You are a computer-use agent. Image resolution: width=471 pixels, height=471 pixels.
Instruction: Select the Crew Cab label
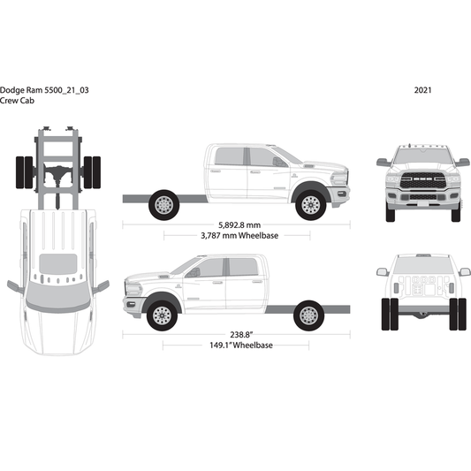19,101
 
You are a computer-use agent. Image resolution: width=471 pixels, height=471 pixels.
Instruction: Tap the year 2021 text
422,90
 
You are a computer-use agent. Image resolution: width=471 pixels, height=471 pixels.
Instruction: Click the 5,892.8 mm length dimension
235,224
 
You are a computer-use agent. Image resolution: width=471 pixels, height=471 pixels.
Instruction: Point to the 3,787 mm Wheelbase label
235,236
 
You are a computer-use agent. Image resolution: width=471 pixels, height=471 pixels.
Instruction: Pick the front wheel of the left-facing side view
162,315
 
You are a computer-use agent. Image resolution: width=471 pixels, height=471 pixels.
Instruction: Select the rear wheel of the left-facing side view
308,315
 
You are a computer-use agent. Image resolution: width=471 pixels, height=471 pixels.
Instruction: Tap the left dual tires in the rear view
387,315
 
